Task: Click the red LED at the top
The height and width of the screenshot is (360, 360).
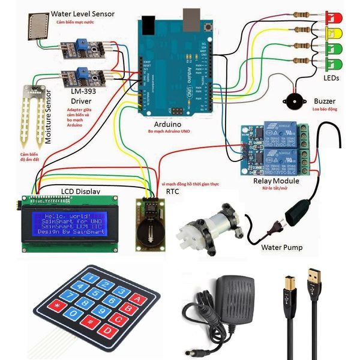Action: [331, 16]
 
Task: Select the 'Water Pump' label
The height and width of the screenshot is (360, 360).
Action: [281, 247]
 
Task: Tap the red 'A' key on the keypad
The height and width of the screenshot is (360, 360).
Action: [136, 299]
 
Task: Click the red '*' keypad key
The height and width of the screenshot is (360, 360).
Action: [58, 308]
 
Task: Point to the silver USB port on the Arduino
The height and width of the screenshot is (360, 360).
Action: [191, 19]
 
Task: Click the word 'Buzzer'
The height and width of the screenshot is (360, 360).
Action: [324, 101]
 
